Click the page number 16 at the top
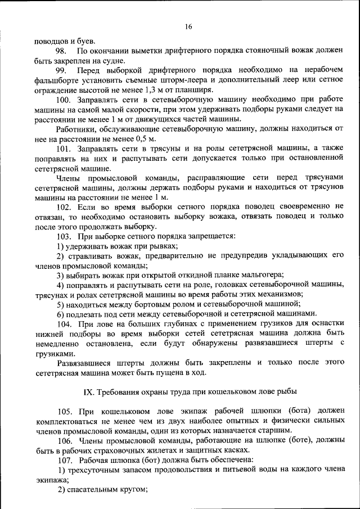point(188,26)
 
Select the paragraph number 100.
point(63,100)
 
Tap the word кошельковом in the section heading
point(213,390)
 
